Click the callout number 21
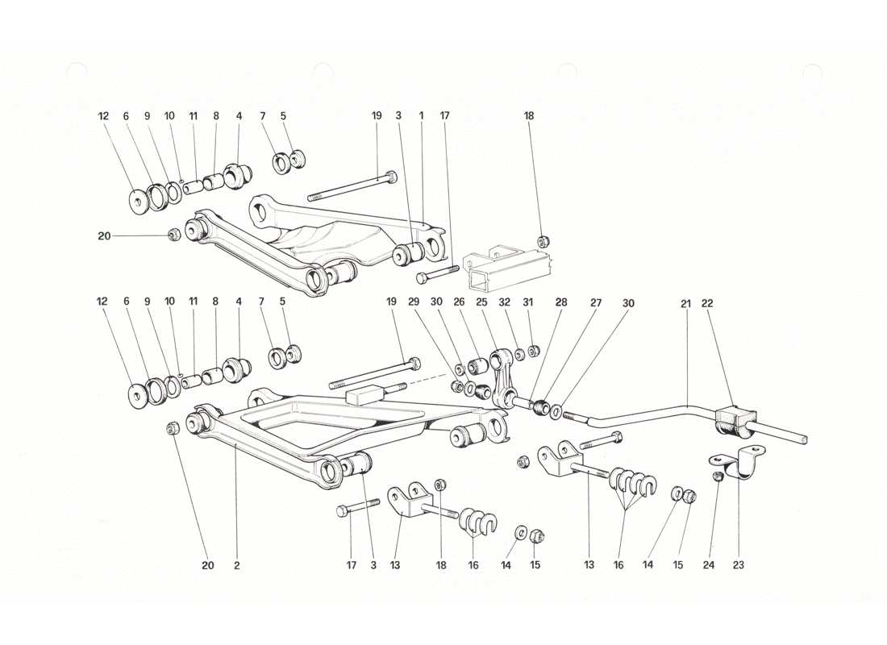click(685, 304)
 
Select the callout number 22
click(707, 304)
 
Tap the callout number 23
click(739, 565)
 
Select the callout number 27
click(596, 304)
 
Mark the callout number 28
click(561, 304)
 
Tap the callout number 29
click(414, 304)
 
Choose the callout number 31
click(530, 304)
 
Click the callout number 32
click(506, 304)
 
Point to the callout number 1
click(421, 116)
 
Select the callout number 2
click(237, 565)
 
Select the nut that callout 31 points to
click(532, 350)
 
